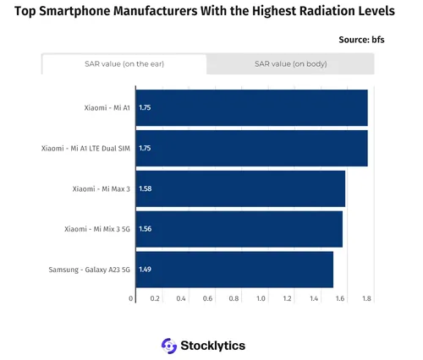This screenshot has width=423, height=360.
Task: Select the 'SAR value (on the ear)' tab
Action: pos(124,64)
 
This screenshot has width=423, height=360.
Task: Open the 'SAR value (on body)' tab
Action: pos(290,64)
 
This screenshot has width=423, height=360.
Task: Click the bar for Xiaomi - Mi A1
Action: pos(251,108)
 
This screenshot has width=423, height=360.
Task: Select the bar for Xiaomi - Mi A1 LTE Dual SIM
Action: pos(251,148)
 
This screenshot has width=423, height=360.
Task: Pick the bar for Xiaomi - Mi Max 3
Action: pos(240,188)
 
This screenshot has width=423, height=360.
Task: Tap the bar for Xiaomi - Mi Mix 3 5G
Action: pos(239,229)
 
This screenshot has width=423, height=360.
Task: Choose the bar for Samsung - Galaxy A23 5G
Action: pos(234,269)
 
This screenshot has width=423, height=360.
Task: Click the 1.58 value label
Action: pos(145,188)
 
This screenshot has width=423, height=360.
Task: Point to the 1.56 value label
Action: pos(145,229)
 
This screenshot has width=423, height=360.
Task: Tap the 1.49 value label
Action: pos(145,269)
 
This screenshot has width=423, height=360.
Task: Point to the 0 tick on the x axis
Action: pos(131,298)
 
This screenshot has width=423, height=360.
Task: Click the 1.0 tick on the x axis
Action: pos(261,298)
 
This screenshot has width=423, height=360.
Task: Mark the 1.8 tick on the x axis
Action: pos(366,298)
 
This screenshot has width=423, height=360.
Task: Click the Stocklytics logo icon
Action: pos(168,345)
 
